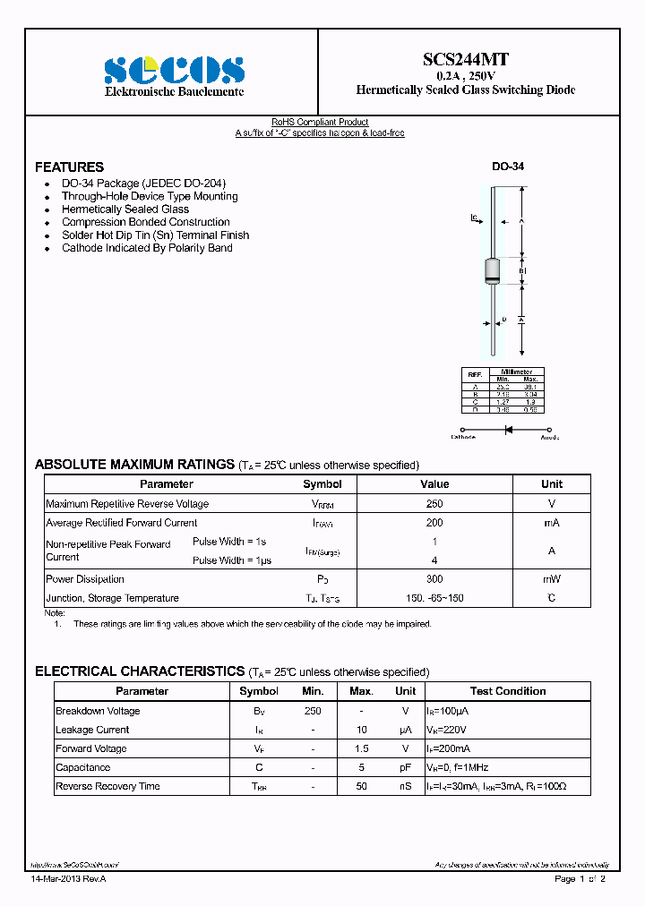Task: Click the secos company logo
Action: click(174, 70)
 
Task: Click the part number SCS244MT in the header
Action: click(465, 60)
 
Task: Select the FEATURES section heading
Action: click(69, 167)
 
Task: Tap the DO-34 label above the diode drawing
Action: click(508, 167)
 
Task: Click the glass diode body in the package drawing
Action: click(492, 270)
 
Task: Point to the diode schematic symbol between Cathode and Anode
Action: click(507, 430)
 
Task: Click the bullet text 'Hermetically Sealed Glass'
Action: click(125, 209)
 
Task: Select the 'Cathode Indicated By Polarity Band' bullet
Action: click(147, 248)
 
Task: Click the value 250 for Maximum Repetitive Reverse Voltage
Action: click(434, 504)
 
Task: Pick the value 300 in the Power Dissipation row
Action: click(434, 579)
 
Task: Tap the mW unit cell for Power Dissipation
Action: click(551, 579)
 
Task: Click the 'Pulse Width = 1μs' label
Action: click(232, 560)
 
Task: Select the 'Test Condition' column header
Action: click(507, 691)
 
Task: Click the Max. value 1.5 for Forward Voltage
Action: click(361, 748)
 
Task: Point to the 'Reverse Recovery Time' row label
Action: click(107, 786)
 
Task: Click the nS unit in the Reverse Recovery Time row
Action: click(405, 786)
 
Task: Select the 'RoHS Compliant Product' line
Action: click(320, 122)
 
